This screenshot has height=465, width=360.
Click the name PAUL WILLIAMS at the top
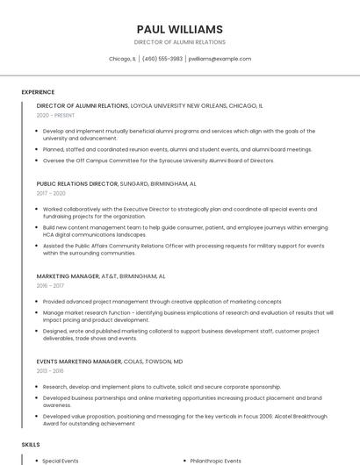pos(180,29)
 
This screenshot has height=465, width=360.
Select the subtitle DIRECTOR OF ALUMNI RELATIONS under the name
pos(180,42)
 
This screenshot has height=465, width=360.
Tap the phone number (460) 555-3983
pos(162,59)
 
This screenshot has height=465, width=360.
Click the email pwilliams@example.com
pos(220,59)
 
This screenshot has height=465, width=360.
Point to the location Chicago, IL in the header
pos(122,59)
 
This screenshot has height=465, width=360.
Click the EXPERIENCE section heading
pos(38,91)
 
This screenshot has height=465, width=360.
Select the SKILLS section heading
pos(31,445)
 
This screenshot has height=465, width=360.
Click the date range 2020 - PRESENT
pos(55,116)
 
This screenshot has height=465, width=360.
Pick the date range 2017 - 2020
pos(51,193)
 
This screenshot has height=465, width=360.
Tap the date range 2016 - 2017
pos(50,286)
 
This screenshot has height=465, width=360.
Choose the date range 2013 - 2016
pos(50,370)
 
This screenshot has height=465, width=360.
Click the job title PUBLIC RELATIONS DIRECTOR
pos(77,184)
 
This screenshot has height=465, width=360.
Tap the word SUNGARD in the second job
pos(136,184)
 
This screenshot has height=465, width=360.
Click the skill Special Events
pos(61,461)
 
